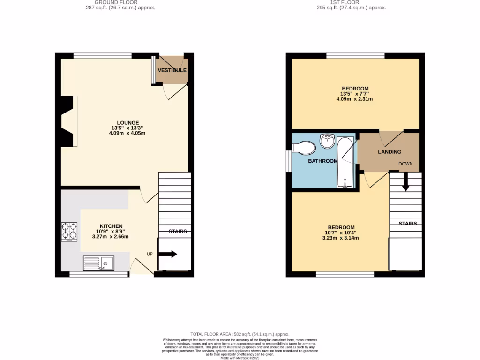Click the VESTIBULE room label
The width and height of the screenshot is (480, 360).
tap(172, 70)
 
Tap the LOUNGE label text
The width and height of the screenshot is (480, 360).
tap(128, 123)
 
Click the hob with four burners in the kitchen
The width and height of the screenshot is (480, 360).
tap(69, 232)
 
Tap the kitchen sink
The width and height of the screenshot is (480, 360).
tap(98, 263)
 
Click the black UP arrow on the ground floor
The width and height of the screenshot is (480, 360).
tap(168, 254)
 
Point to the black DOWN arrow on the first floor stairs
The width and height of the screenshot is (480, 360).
tap(405, 181)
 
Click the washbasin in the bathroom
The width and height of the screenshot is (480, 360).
tap(327, 140)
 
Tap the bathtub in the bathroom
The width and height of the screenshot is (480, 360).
tap(345, 163)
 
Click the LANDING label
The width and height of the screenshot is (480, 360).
tap(390, 152)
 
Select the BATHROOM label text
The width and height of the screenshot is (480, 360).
tap(322, 161)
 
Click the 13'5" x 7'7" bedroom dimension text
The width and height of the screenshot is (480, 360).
tap(355, 94)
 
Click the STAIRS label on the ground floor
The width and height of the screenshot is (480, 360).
tap(178, 231)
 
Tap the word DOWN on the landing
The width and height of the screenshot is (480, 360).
tap(405, 164)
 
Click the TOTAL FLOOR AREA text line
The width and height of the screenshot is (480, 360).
tap(240, 334)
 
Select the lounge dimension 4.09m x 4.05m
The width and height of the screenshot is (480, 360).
tap(128, 133)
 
